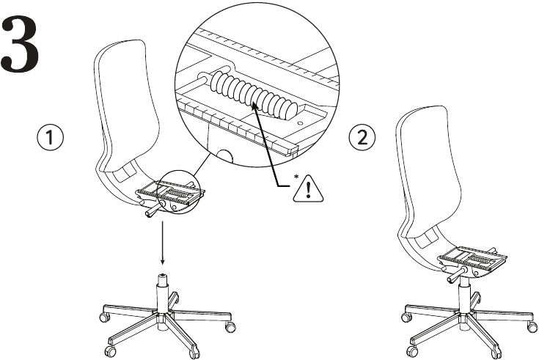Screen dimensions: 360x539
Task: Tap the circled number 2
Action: tap(365, 137)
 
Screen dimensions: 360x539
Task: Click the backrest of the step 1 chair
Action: tap(125, 110)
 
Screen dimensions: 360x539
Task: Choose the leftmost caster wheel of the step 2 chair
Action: tap(406, 317)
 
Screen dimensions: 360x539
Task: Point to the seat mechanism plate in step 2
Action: tap(472, 259)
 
